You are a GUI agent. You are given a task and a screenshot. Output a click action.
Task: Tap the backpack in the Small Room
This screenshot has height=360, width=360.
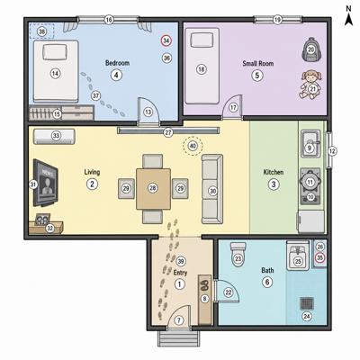311,49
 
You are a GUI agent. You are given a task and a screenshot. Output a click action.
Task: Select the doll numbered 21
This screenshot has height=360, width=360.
311,85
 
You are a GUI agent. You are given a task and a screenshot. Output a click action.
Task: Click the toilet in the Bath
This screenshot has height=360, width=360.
238,254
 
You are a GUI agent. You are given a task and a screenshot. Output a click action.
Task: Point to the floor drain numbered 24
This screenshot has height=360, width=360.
306,303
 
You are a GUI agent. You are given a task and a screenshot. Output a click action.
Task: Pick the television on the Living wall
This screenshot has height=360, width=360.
45,183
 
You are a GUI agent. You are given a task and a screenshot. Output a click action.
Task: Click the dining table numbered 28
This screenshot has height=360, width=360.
153,188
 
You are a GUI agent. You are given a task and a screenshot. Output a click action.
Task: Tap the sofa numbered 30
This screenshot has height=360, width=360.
212,189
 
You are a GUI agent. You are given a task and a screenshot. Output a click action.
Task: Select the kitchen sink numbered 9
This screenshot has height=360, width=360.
310,144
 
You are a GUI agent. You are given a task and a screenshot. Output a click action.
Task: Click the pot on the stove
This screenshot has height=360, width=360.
310,181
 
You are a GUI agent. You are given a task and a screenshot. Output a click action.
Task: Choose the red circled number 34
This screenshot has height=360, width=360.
166,40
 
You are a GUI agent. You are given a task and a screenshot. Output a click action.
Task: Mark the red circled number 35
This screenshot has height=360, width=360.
320,257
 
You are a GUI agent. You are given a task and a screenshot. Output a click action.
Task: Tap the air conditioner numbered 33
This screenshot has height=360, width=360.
54,136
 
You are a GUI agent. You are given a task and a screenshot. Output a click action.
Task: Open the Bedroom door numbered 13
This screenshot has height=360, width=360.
148,111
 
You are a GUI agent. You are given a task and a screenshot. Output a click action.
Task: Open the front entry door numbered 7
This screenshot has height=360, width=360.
179,318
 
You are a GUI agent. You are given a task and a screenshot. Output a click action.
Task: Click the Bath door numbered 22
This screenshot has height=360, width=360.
227,292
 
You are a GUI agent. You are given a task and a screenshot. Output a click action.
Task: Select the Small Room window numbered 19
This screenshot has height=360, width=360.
278,20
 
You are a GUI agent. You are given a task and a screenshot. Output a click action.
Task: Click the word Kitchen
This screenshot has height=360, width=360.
274,172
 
